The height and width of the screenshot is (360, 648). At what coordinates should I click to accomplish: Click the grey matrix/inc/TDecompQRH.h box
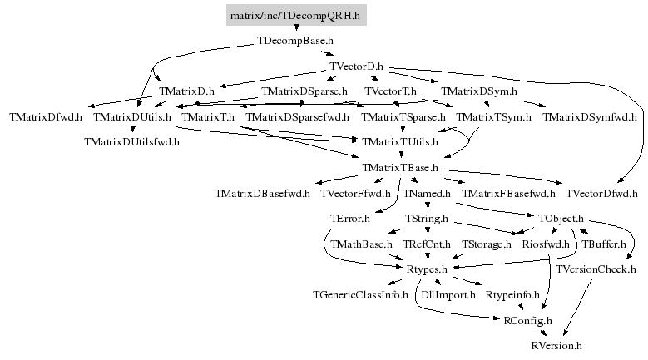[296, 14]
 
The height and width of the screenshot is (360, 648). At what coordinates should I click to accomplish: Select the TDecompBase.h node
[295, 40]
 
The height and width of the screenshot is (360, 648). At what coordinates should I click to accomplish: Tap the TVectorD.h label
[356, 66]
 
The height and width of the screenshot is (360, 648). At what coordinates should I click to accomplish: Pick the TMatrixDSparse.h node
[304, 91]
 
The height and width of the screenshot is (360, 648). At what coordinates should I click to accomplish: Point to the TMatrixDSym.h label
[478, 91]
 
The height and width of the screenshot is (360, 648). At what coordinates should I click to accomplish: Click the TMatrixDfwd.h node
[46, 117]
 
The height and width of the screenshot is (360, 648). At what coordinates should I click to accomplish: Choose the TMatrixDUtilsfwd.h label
[131, 142]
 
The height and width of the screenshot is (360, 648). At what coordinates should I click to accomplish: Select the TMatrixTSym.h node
[494, 117]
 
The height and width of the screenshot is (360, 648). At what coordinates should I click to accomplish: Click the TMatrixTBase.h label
[400, 168]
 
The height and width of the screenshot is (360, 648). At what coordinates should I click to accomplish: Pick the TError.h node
[349, 219]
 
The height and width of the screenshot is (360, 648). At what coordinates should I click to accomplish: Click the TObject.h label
[561, 219]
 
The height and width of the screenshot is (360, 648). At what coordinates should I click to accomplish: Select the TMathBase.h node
[361, 244]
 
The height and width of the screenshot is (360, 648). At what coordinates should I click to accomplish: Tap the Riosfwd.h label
[545, 244]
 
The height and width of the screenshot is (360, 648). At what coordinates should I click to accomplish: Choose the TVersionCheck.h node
[596, 269]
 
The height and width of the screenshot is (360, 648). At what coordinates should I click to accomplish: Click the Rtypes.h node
[427, 269]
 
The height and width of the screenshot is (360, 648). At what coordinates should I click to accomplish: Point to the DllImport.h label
[448, 295]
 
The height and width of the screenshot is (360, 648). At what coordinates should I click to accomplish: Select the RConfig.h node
[528, 320]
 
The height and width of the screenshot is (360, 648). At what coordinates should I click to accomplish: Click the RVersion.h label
[556, 345]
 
